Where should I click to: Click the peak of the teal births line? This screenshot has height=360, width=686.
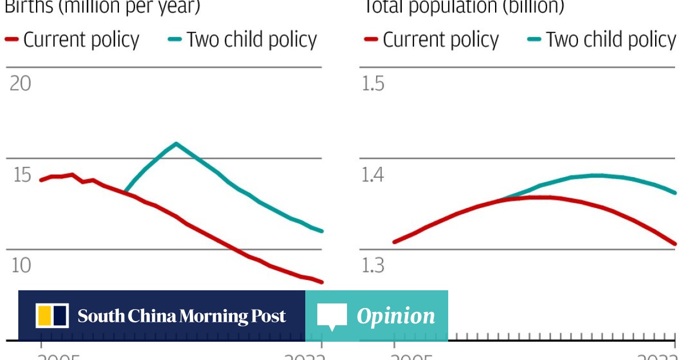176,143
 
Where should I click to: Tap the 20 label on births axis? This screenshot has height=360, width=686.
21,84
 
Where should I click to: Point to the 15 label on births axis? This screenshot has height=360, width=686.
22,175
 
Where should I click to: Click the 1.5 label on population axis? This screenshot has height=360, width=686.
373,84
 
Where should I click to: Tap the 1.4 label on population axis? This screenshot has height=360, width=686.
373,175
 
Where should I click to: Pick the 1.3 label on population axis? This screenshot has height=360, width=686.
373,266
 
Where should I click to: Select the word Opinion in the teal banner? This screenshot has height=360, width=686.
396,316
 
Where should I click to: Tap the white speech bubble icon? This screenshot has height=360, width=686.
332,316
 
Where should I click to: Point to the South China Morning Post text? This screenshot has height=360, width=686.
182,316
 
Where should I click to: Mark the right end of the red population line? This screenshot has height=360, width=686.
675,244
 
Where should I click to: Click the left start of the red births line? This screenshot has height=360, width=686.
41,180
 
